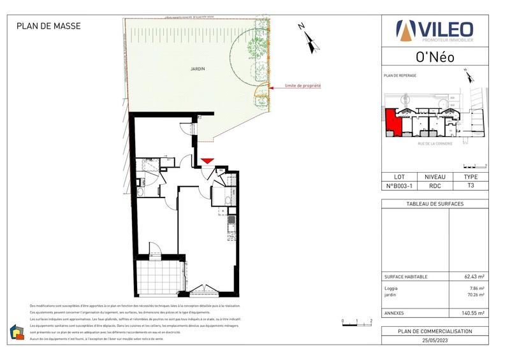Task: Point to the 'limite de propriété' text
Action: point(302,85)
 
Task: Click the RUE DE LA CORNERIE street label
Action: point(435,143)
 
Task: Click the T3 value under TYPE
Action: point(470,186)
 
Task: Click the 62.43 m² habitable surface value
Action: point(474,277)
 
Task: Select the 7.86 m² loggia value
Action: point(477,289)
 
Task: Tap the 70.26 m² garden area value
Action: point(475,295)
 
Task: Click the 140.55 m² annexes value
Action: point(473,313)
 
